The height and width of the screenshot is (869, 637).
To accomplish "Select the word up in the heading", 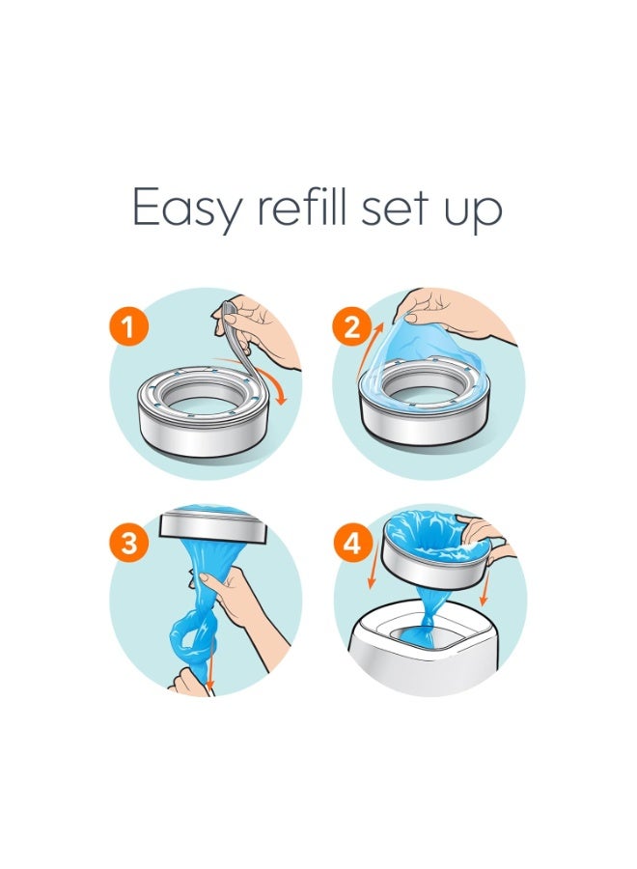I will [x=473, y=210].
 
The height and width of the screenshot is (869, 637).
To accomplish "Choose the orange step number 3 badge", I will [x=129, y=544].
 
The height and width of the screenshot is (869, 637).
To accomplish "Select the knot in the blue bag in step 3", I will [x=185, y=637].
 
